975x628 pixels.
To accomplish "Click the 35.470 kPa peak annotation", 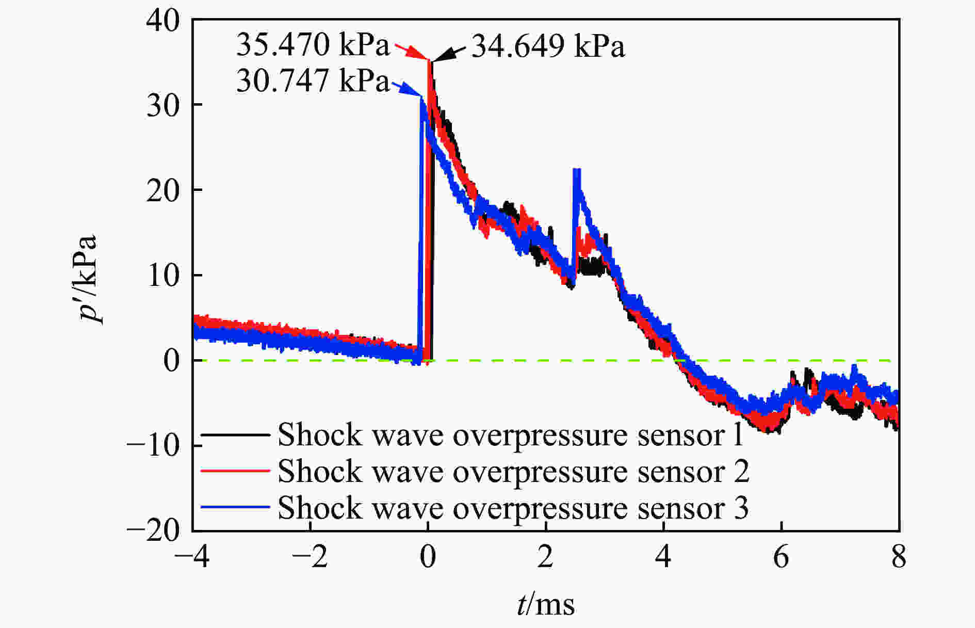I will point(313,45).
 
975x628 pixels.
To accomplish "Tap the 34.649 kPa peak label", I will point(548,47).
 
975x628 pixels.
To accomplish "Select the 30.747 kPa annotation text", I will point(313,82).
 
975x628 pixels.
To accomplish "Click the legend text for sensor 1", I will point(511,434).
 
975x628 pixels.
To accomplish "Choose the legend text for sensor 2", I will point(513,471).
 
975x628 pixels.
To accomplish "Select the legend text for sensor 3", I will point(513,508).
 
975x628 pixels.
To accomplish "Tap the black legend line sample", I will point(235,434).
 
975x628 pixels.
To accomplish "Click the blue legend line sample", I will point(235,508).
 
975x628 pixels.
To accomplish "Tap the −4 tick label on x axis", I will point(192,558).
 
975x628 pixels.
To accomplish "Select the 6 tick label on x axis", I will point(781,558).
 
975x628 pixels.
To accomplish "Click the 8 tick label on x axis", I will point(899,558).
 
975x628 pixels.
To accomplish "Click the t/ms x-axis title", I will point(546,604).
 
